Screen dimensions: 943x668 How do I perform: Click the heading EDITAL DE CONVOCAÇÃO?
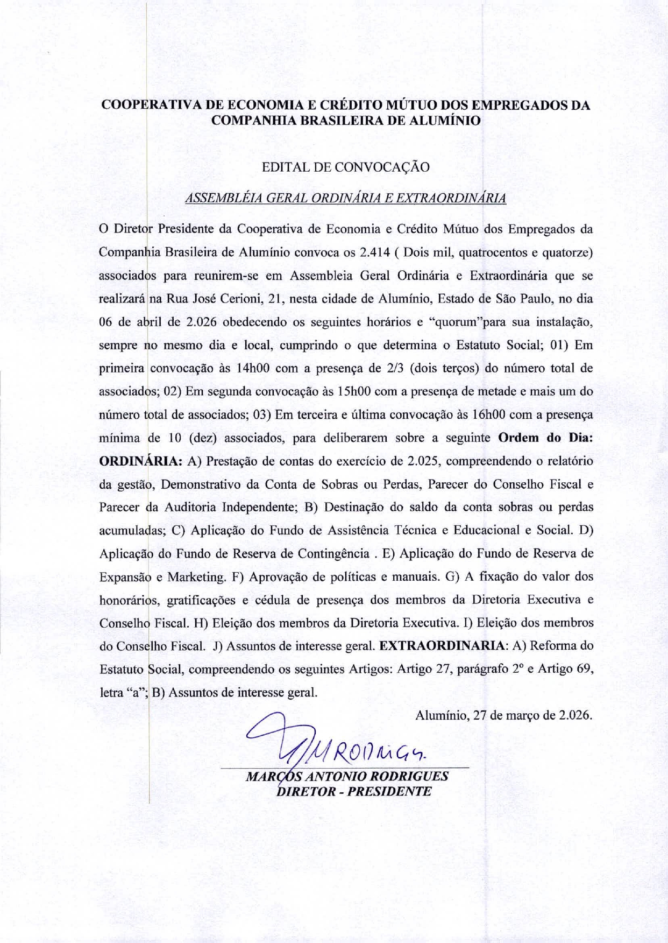tap(345, 167)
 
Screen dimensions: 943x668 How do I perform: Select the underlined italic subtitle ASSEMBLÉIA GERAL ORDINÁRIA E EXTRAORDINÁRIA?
tap(345, 198)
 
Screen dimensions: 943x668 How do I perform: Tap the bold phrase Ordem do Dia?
tap(545, 438)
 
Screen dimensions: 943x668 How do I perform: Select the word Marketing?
tap(196, 577)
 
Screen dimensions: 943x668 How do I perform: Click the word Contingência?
tap(333, 554)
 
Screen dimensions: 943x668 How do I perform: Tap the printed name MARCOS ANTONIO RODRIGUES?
tap(346, 776)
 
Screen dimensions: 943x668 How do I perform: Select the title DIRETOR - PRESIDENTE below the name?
tap(353, 791)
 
